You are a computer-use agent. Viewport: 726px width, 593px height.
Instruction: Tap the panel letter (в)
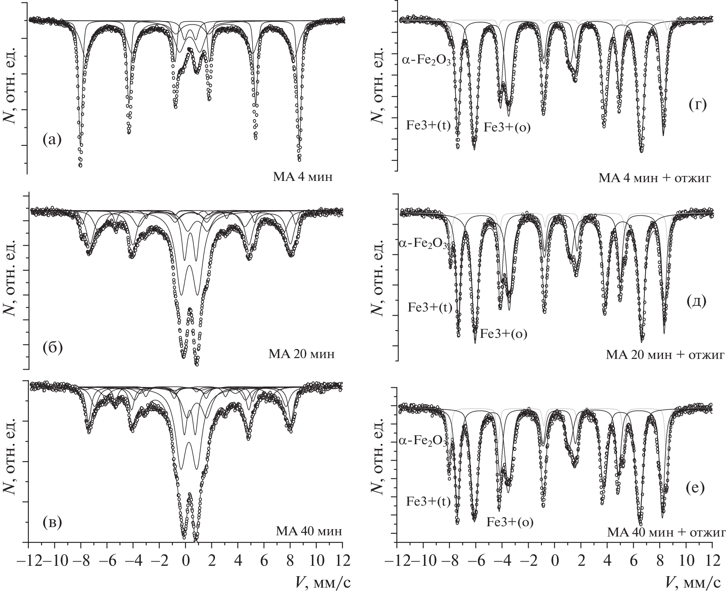52,523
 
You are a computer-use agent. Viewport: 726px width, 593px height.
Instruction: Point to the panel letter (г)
697,105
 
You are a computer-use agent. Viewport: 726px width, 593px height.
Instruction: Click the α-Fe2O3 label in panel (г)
426,60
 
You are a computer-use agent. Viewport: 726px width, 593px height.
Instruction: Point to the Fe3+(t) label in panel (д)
430,307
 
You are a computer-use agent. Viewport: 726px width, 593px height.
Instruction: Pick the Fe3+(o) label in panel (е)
510,523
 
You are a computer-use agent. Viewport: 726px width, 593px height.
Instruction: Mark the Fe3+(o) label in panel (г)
507,127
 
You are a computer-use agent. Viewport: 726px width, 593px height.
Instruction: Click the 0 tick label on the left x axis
185,562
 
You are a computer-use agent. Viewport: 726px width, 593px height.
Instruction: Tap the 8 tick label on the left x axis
290,562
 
